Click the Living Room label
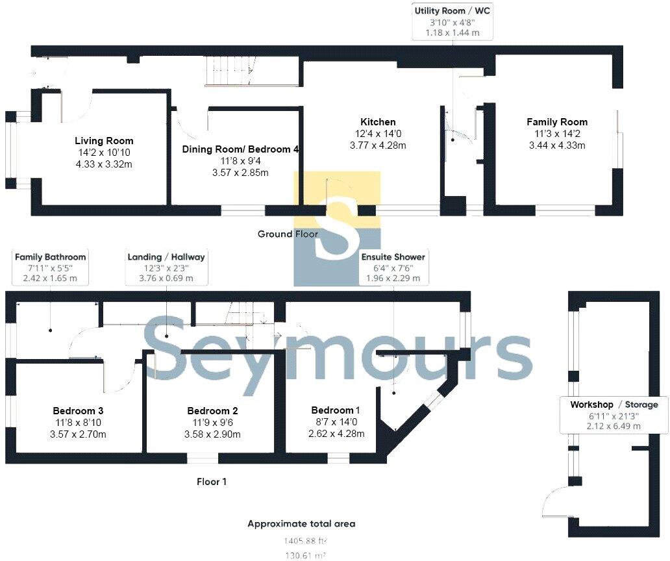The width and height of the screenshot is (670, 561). tap(104, 141)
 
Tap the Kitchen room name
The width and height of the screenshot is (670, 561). tap(378, 122)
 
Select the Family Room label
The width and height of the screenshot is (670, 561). tap(556, 122)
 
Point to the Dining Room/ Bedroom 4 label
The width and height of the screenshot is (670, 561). tap(240, 149)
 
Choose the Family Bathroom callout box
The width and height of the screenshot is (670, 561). tap(50, 268)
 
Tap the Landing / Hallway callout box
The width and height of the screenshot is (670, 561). tap(167, 268)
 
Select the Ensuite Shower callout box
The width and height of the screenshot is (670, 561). tap(393, 268)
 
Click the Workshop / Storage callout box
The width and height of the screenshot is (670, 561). tap(614, 415)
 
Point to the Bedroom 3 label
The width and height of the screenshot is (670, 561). tap(79, 411)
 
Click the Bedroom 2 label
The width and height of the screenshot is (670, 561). tap(212, 411)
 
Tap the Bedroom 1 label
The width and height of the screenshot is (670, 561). tap(336, 410)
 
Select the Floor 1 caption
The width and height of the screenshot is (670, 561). tap(212, 482)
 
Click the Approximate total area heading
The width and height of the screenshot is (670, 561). tap(301, 523)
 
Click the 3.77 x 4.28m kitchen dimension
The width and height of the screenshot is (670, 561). tap(378, 145)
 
